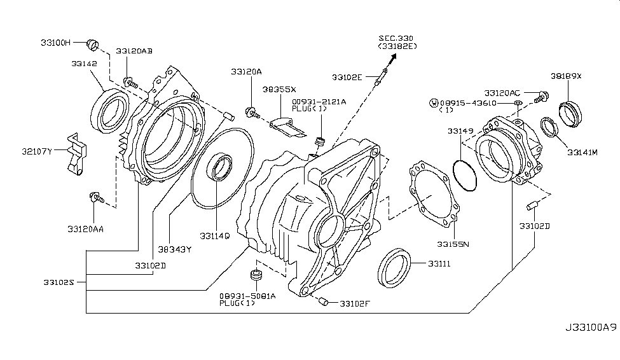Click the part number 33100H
point(55,43)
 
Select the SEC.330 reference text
point(396,38)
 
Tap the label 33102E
point(347,77)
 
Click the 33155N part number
point(452,244)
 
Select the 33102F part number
point(355,303)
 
